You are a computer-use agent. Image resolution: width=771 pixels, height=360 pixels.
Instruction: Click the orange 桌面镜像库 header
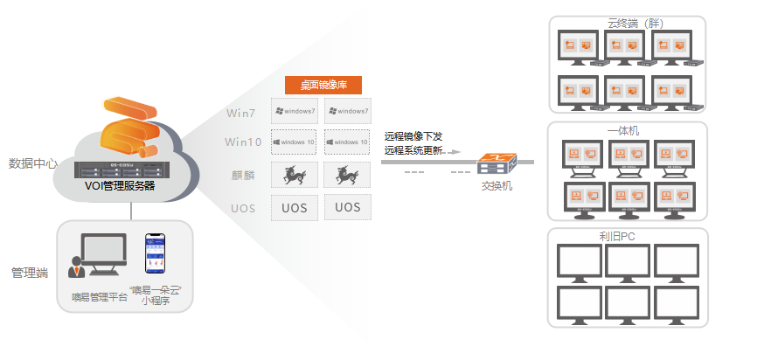click(323, 86)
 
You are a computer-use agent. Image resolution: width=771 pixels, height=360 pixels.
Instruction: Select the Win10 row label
click(242, 142)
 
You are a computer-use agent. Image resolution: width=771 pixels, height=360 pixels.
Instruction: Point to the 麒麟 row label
click(243, 176)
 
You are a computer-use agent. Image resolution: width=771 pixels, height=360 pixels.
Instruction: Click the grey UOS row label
click(243, 209)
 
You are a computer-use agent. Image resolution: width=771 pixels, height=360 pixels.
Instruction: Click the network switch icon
click(497, 163)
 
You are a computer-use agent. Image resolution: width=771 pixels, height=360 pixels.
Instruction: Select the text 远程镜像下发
click(413, 135)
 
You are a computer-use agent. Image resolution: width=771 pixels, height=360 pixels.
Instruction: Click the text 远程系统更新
click(413, 149)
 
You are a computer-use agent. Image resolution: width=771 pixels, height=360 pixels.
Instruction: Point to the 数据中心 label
click(33, 163)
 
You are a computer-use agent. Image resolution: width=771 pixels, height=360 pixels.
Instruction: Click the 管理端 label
click(30, 273)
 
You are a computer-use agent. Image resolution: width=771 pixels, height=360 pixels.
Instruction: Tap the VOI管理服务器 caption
click(120, 186)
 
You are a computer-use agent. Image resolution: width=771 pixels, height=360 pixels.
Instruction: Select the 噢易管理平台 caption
click(99, 297)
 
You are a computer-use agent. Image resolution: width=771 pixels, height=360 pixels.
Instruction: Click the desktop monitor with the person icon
click(100, 255)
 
